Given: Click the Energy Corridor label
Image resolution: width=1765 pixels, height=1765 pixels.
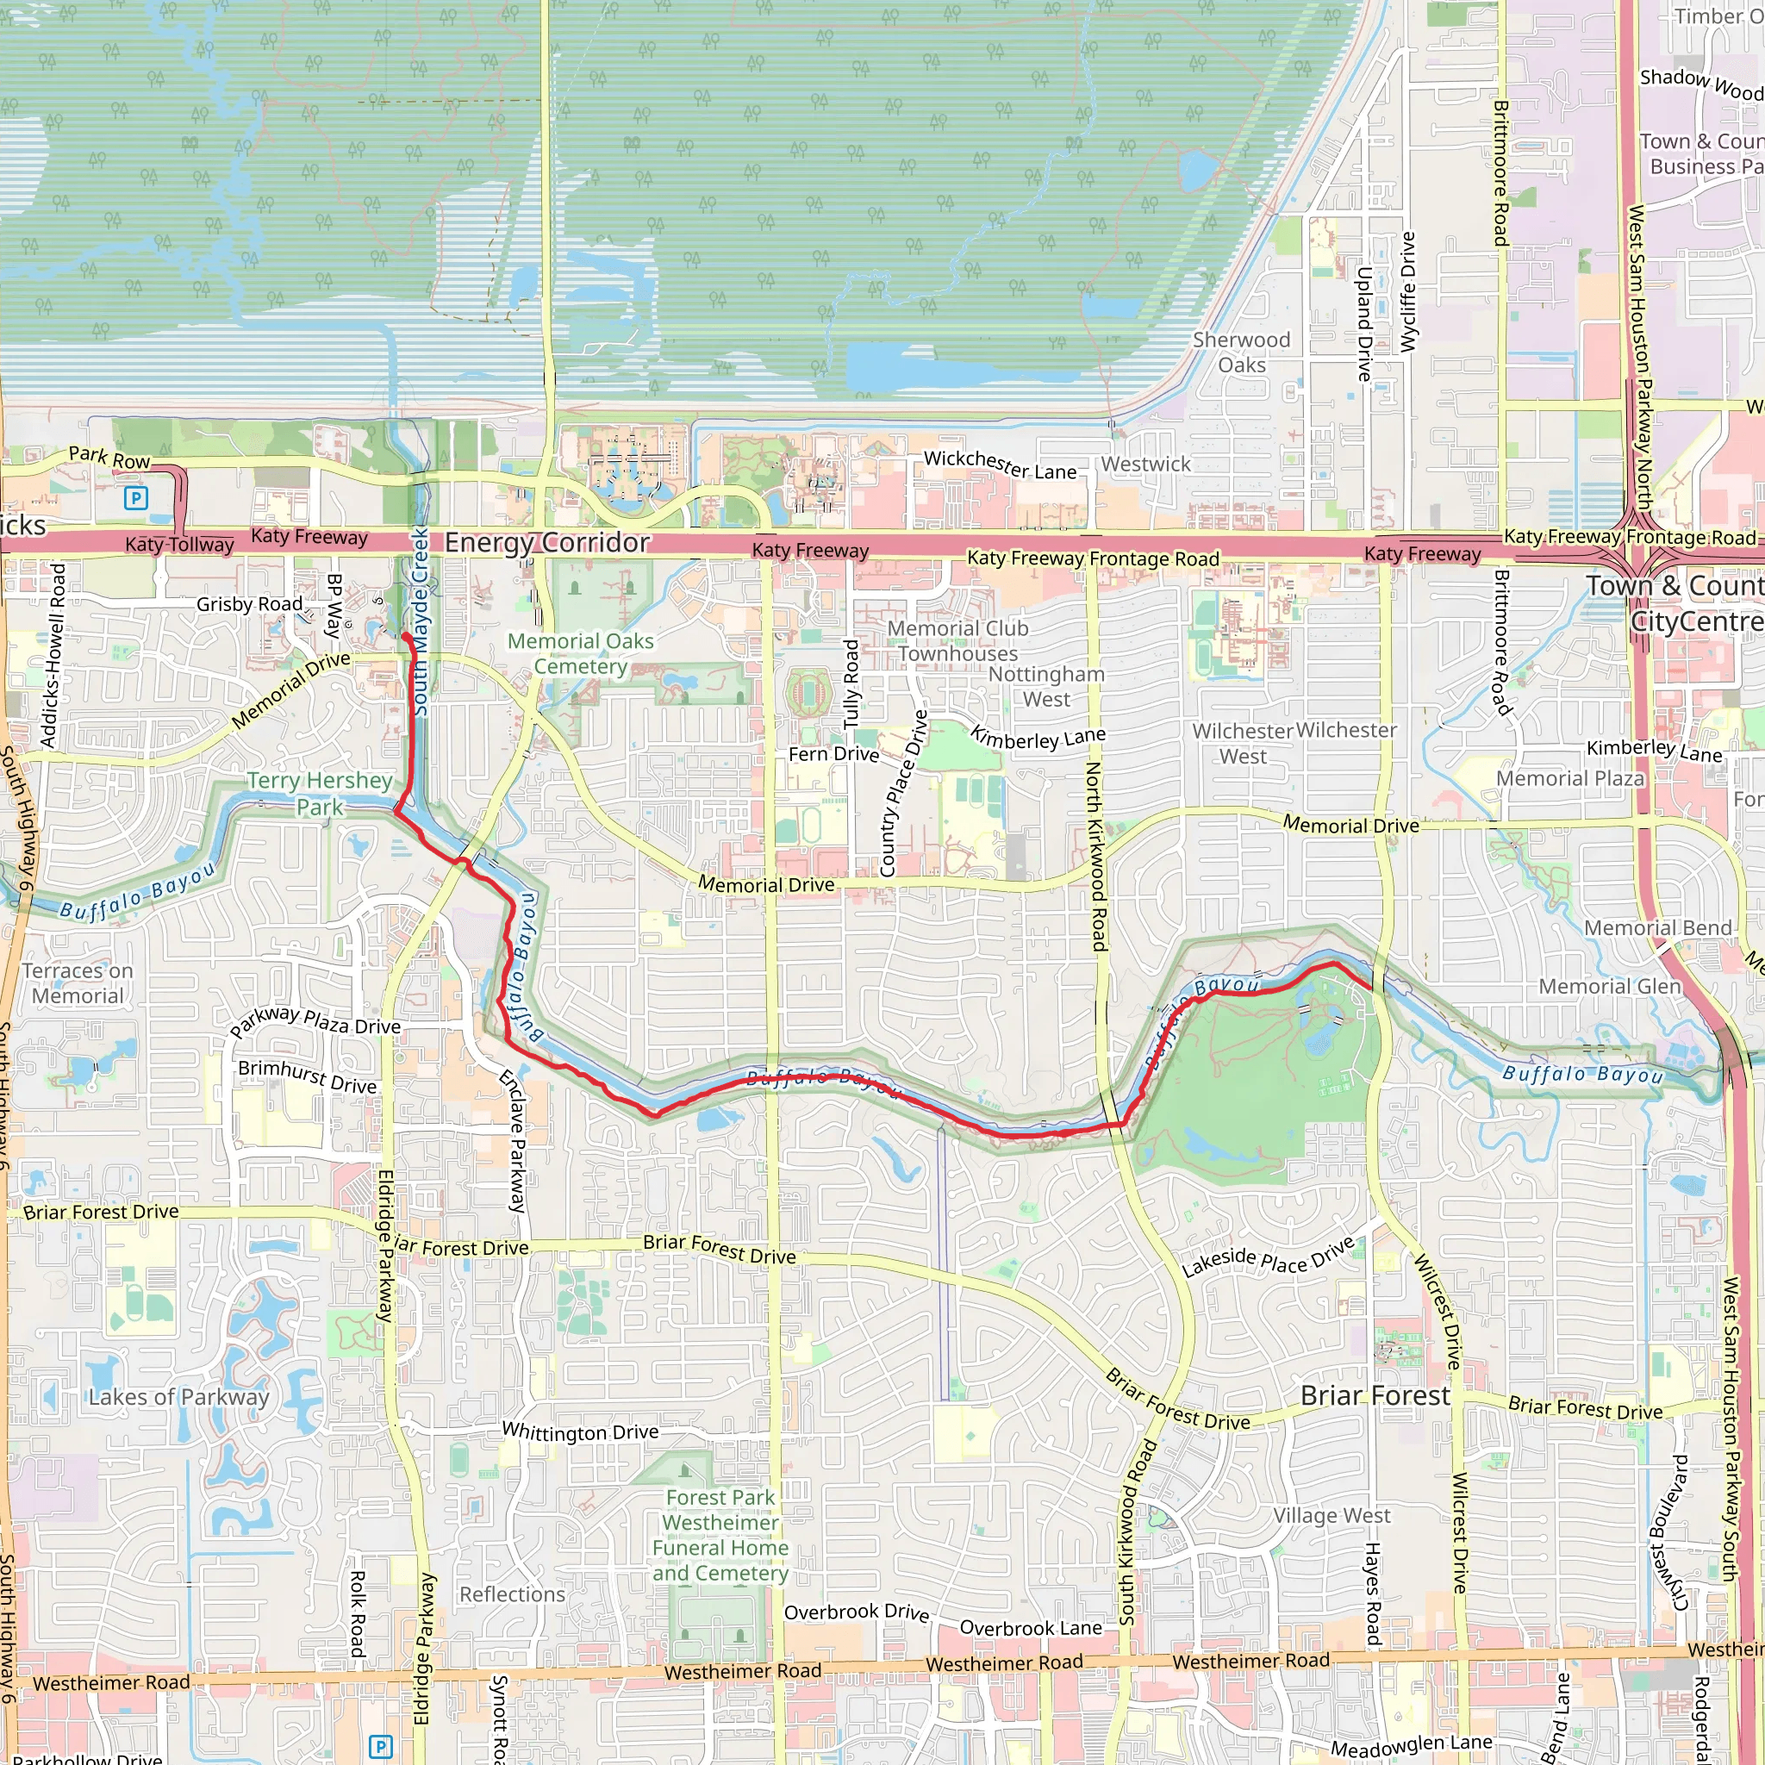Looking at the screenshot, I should (546, 543).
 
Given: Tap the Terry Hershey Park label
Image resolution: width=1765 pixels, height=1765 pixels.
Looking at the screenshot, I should (320, 793).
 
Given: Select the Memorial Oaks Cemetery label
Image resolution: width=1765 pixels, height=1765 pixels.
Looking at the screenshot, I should (580, 653).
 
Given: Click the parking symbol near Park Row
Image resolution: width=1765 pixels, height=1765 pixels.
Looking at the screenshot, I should (135, 498).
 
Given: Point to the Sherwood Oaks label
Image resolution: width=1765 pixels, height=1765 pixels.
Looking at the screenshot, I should (1241, 352).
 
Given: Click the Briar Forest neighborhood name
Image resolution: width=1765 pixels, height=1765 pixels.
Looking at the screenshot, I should (1374, 1396).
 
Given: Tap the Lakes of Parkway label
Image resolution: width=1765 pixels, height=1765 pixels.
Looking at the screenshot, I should (179, 1397).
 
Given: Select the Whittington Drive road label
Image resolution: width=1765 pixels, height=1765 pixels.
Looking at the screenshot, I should (580, 1431).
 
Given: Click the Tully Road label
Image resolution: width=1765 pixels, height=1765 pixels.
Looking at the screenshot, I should (851, 683).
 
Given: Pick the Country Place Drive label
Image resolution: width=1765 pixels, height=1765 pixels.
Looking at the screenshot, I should (902, 793).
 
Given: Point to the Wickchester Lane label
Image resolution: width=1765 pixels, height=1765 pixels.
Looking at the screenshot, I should (1000, 465).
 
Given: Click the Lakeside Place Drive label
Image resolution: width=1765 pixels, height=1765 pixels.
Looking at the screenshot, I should (1267, 1258).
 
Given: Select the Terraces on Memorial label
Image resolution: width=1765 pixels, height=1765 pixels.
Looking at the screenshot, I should (78, 983).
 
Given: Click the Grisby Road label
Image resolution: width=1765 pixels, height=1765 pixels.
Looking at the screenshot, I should (249, 604).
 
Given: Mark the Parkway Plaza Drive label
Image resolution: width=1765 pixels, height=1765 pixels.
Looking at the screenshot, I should (315, 1020).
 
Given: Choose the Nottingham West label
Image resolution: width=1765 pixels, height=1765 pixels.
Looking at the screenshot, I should (1046, 686).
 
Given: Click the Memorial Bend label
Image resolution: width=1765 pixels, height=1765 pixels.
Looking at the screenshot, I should (1657, 928).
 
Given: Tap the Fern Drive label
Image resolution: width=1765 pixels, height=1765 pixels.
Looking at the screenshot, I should (833, 754).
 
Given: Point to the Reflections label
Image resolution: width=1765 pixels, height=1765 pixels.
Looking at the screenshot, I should (512, 1594).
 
